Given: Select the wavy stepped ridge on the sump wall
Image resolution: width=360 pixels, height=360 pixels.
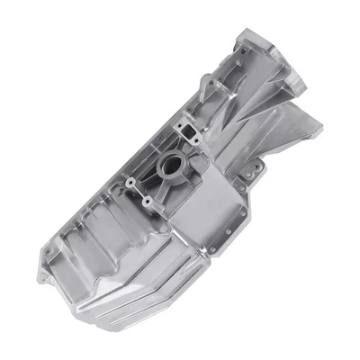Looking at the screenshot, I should [117, 234].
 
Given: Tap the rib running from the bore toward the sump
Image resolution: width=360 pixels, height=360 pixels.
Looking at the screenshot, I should [171, 202].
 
